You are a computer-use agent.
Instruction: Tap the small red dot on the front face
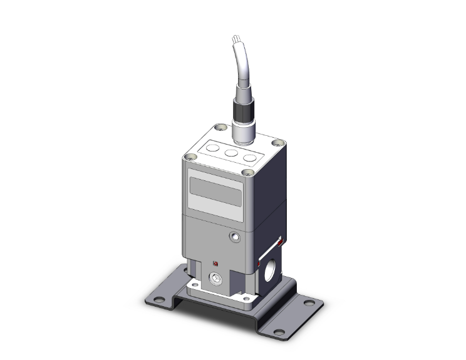coord(215,263)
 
